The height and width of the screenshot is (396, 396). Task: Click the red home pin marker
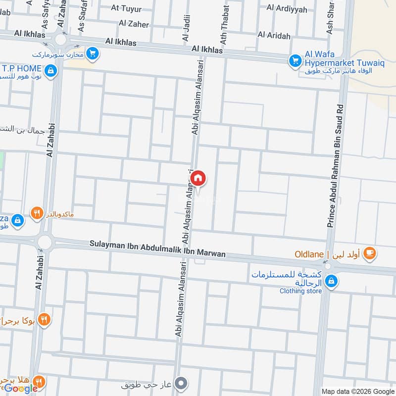[198, 178]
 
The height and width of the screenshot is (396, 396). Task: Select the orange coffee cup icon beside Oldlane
[369, 253]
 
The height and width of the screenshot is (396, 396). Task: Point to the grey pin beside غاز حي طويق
[182, 384]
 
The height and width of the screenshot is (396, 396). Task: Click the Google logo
[21, 389]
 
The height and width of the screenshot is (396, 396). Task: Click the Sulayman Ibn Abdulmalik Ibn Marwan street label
[157, 249]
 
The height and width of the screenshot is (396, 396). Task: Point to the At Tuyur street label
[126, 8]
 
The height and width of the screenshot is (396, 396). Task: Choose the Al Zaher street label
[134, 23]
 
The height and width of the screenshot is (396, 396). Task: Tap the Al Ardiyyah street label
[287, 8]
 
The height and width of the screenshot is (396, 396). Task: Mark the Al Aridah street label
[274, 35]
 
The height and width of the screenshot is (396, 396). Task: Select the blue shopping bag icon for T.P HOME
[50, 72]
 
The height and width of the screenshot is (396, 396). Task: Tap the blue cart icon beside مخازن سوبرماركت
[92, 53]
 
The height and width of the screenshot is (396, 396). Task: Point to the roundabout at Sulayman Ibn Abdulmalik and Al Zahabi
[45, 242]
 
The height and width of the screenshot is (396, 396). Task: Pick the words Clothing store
[300, 291]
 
